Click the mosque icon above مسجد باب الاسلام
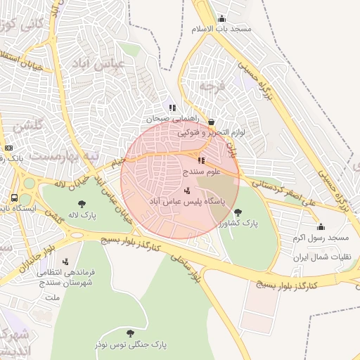(222, 19)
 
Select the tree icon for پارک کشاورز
(238, 212)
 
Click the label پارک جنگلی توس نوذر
(130, 345)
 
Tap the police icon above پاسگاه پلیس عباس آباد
(186, 190)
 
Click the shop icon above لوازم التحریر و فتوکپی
(211, 121)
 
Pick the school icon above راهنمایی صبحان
(172, 108)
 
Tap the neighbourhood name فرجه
(206, 86)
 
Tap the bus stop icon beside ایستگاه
(15, 198)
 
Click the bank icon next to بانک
(8, 148)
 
